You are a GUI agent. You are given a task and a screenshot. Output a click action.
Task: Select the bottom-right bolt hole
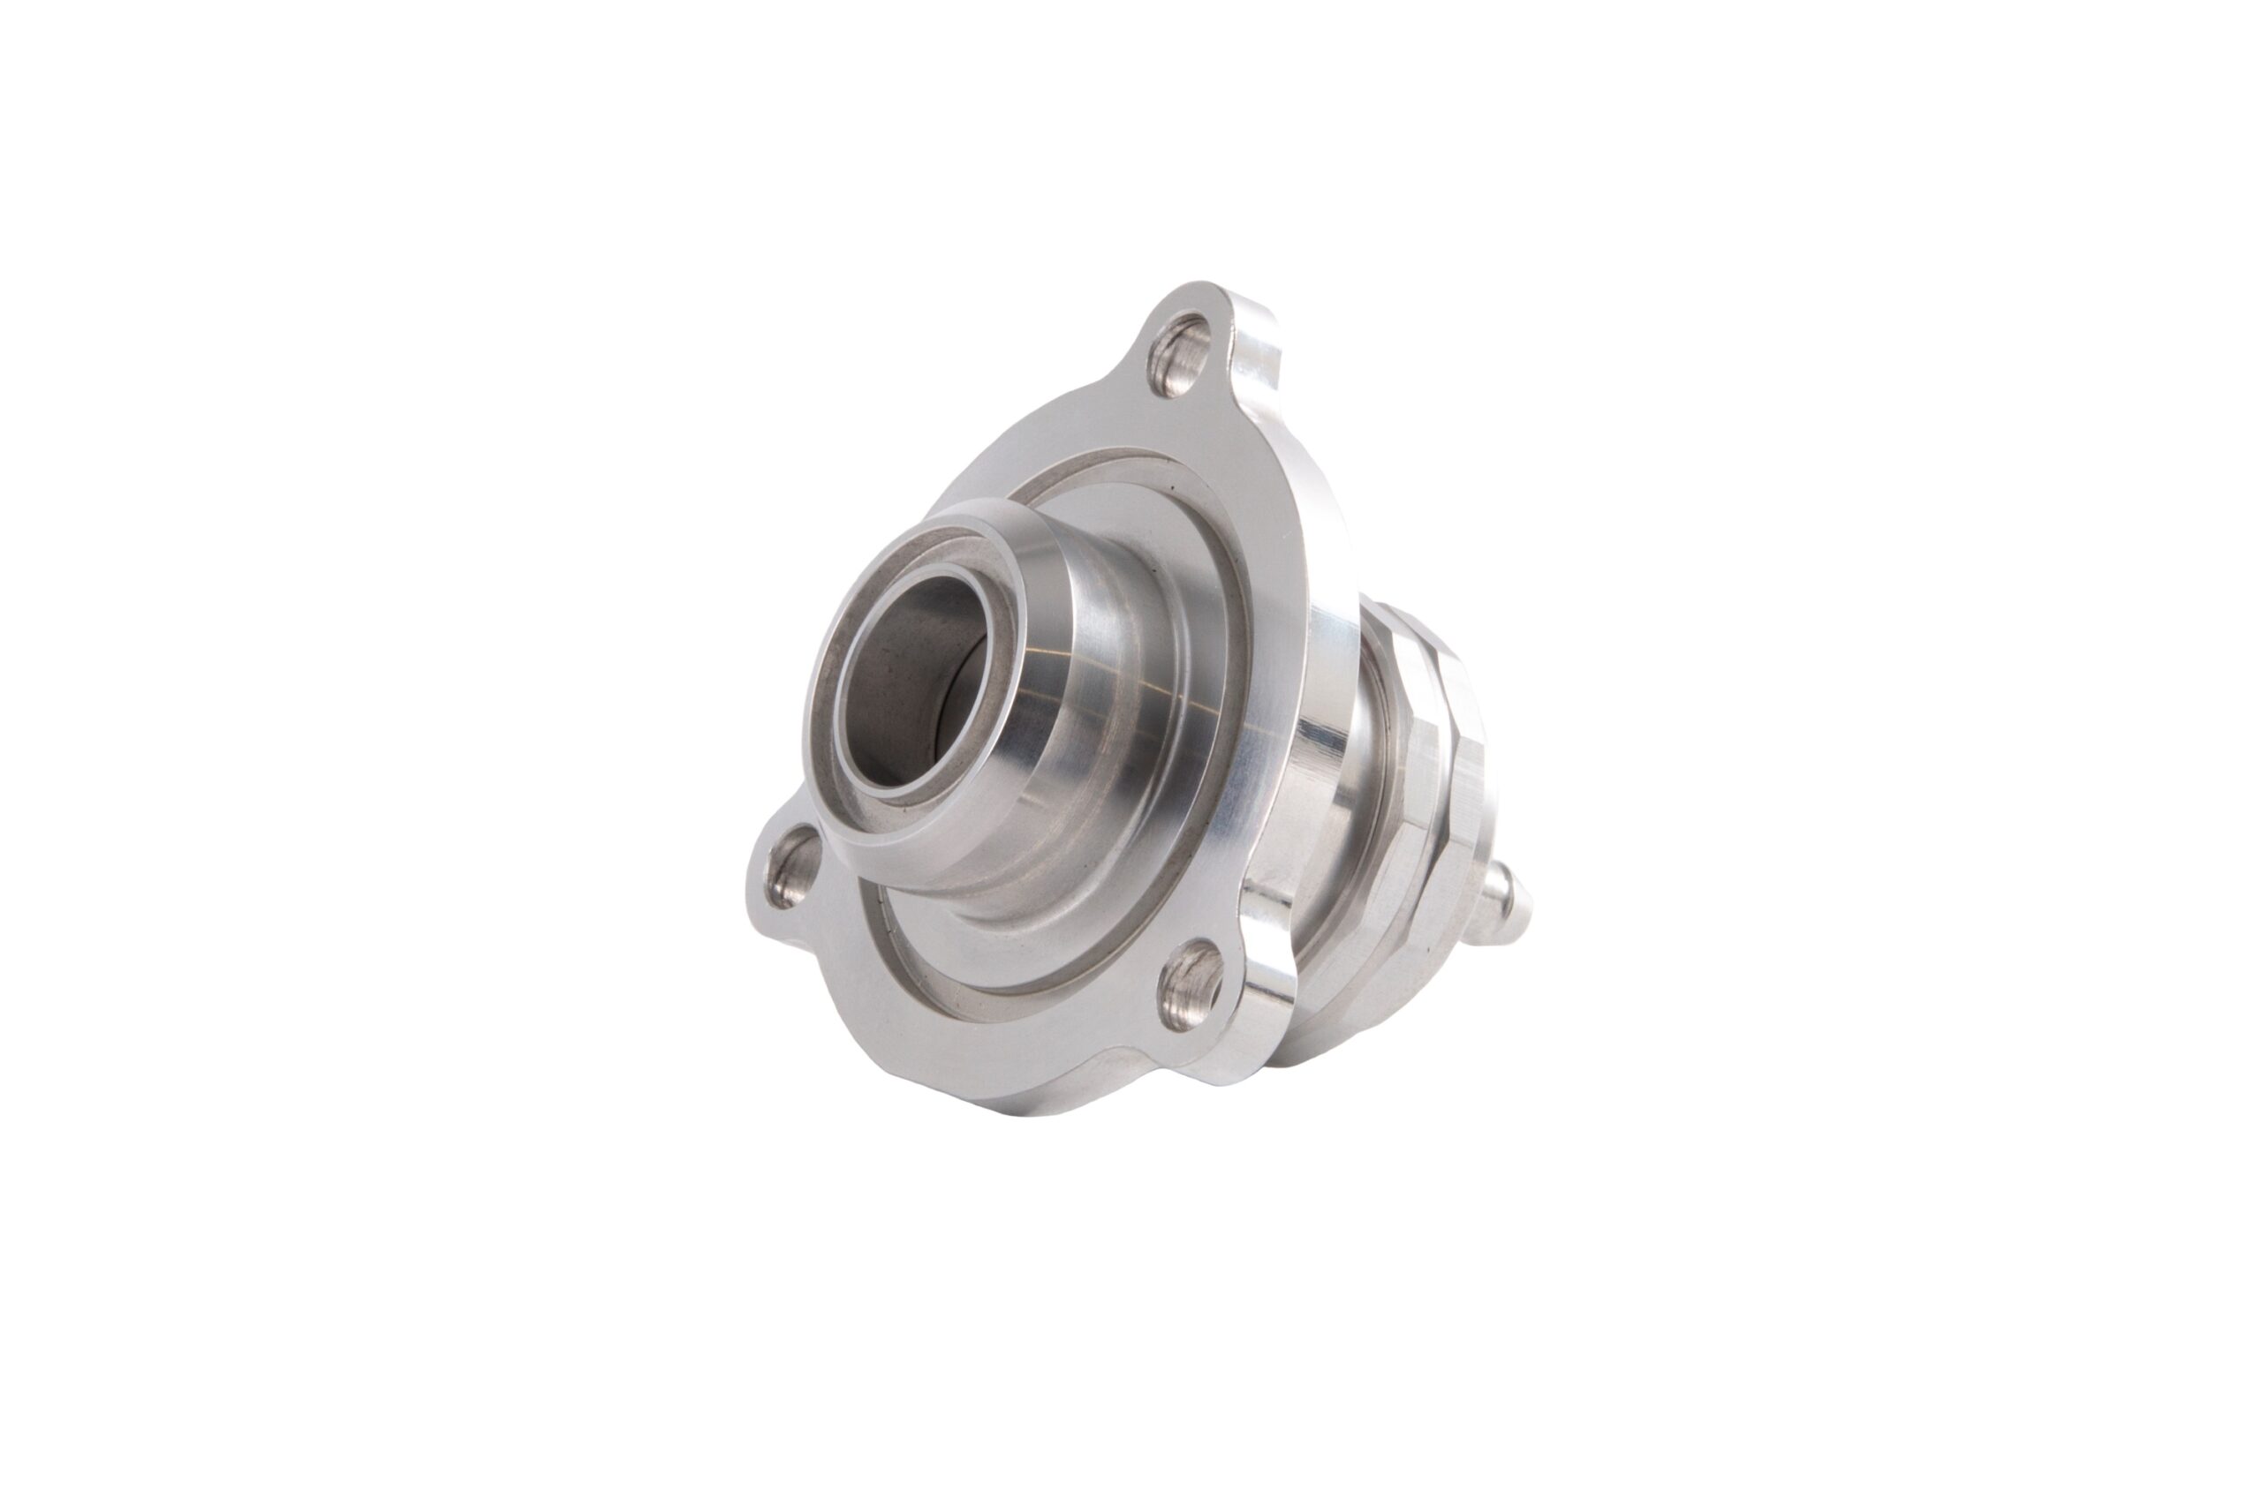1193,982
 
